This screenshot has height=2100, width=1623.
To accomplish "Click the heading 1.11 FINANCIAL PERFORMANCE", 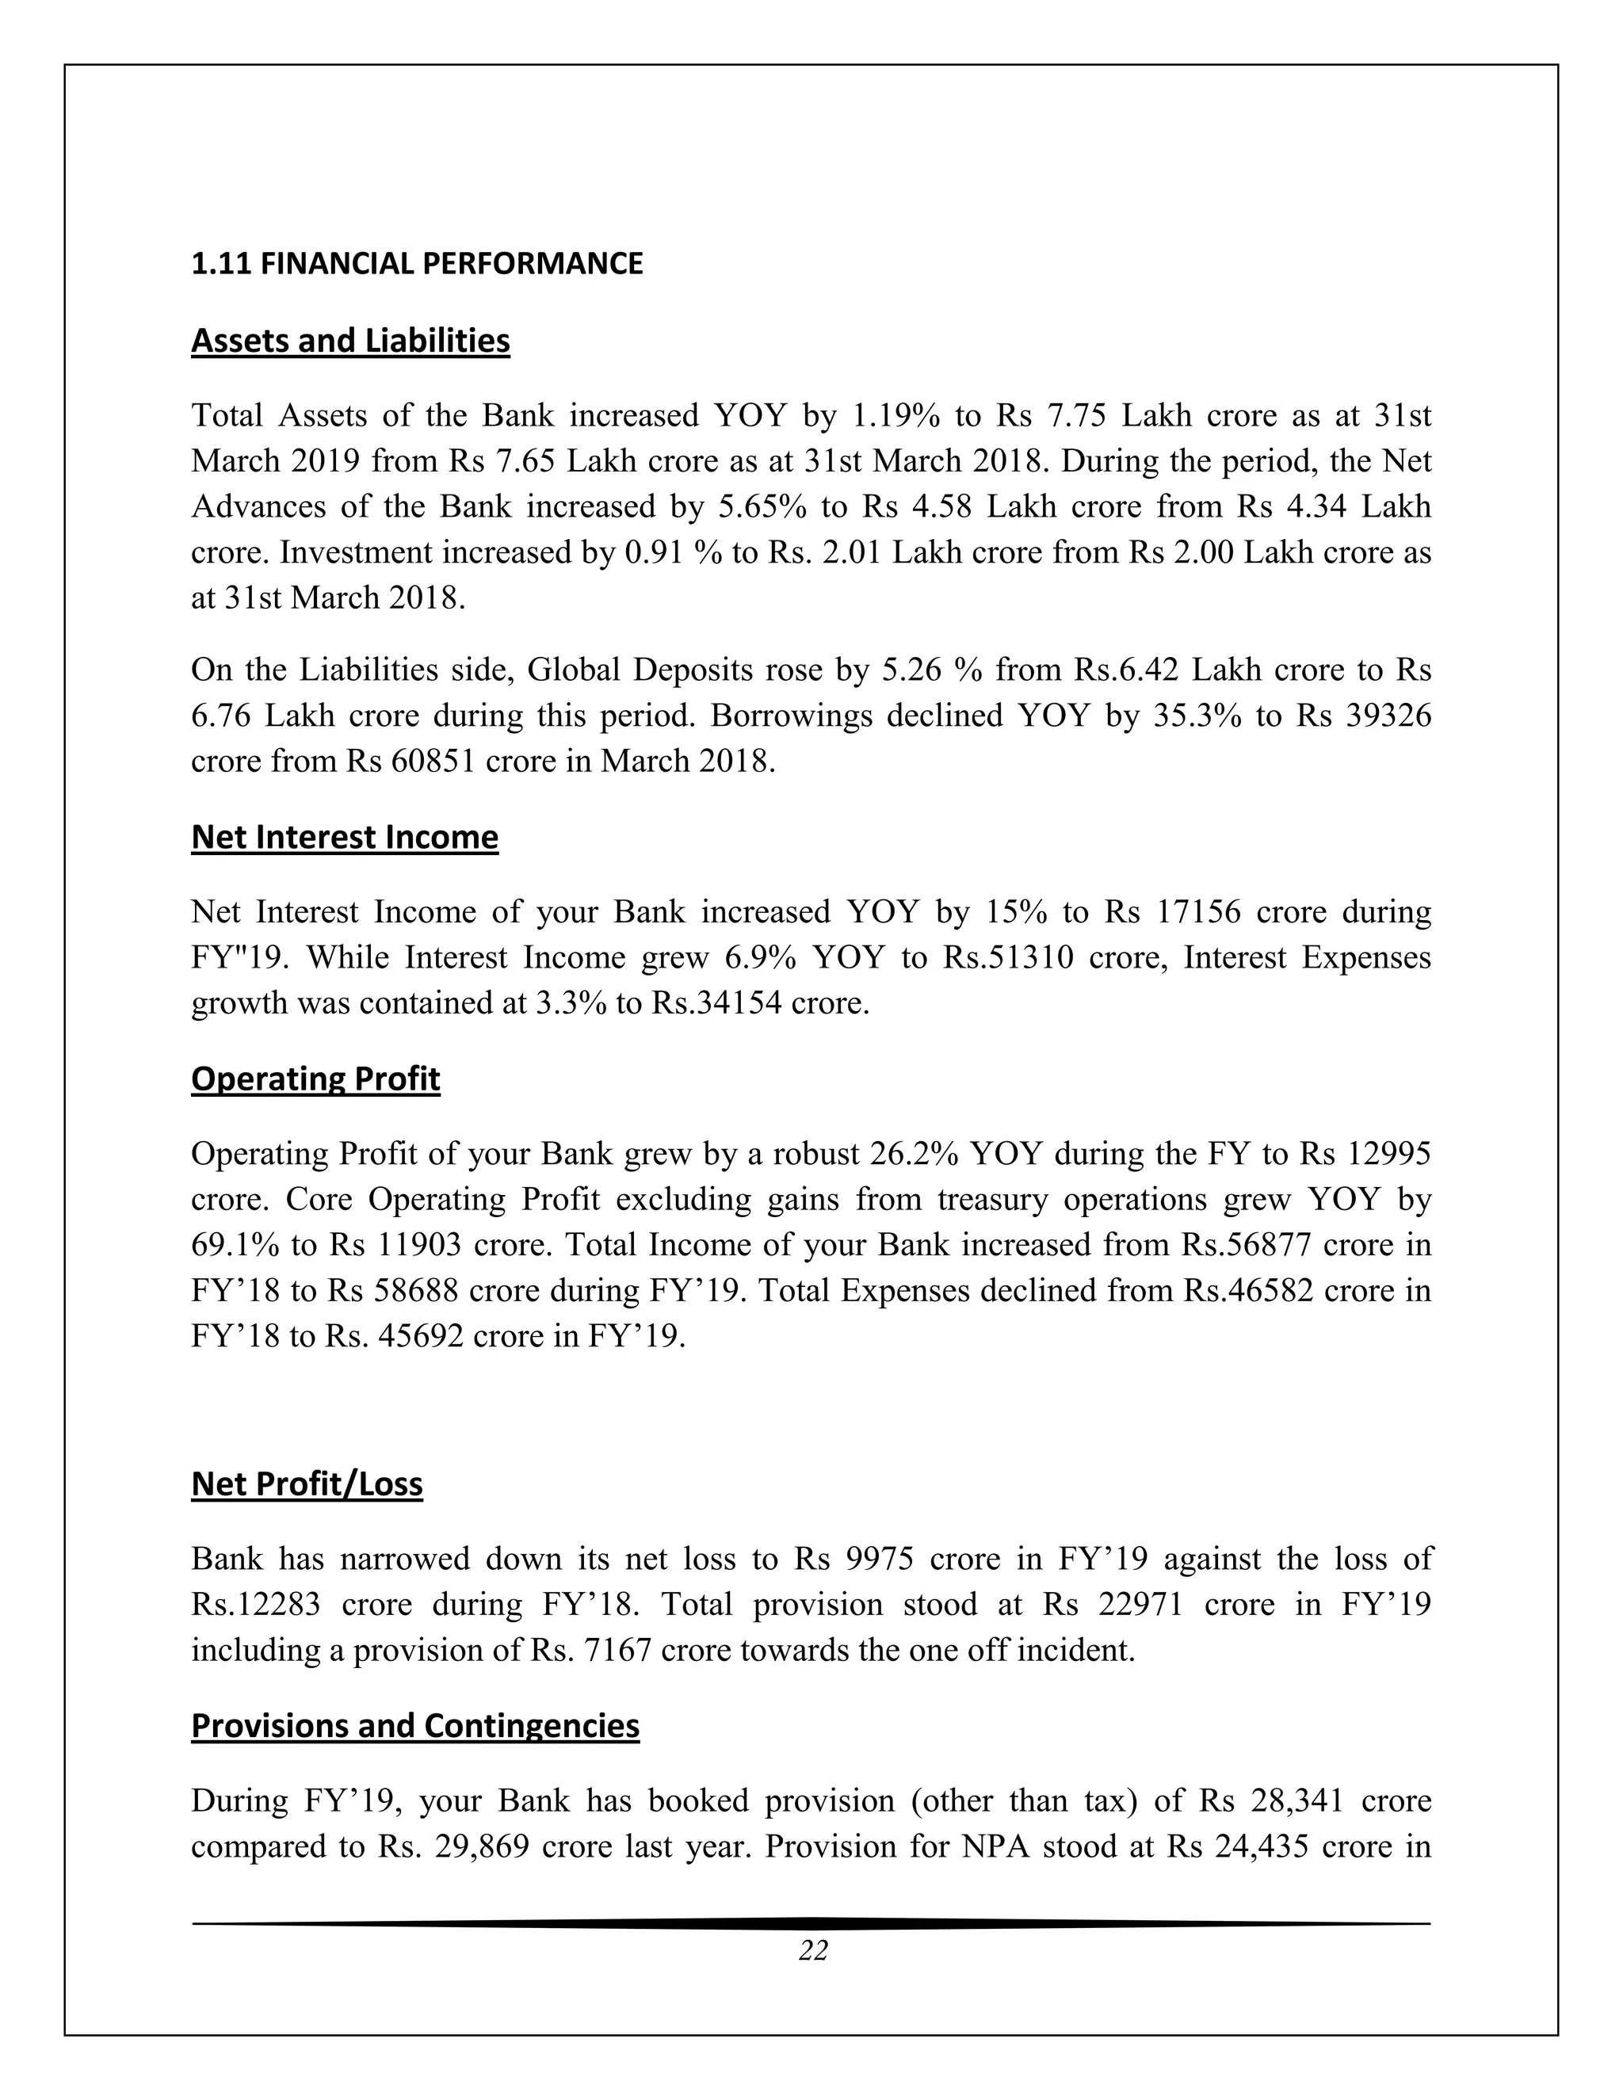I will point(416,263).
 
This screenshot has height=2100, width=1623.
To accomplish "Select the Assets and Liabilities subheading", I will point(350,341).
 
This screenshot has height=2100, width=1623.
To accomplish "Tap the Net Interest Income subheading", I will point(344,837).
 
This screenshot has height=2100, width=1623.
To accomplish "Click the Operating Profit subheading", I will point(315,1078).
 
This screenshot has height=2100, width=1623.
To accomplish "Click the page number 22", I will point(812,1969).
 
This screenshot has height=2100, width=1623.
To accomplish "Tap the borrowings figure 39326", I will point(1388,716).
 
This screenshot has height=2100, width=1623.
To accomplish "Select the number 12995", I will point(1388,1153).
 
